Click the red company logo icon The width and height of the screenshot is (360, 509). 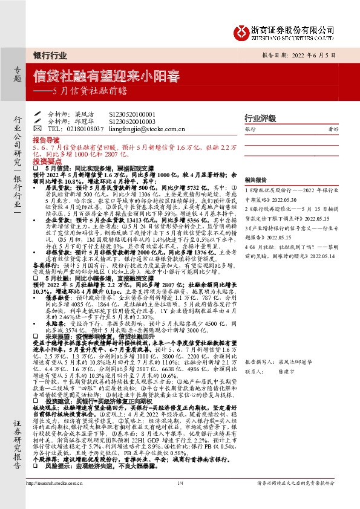point(241,30)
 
